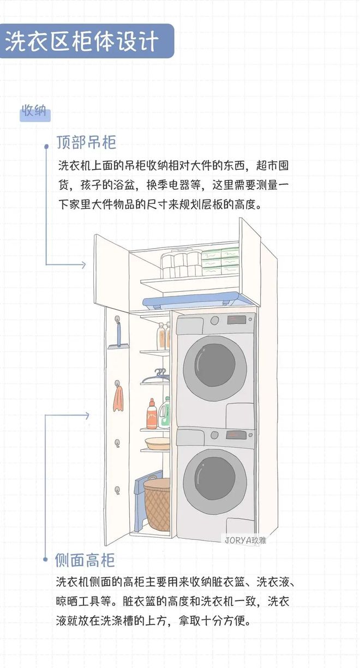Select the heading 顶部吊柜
tap(86, 143)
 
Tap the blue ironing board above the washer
tap(191, 299)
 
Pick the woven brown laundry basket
tap(157, 505)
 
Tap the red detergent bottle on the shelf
tap(152, 416)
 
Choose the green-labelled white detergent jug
tap(164, 413)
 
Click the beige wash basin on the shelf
tap(158, 443)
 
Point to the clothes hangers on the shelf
tap(157, 376)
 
